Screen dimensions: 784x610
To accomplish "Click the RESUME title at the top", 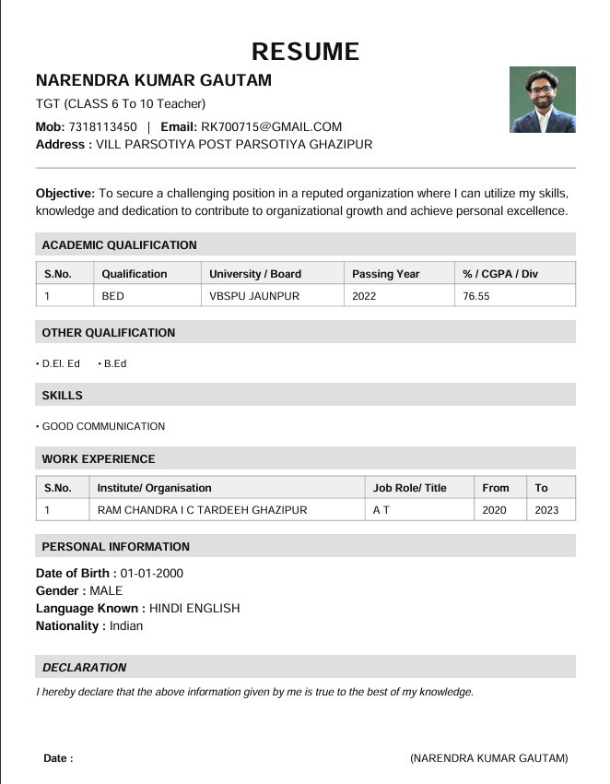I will click(305, 51).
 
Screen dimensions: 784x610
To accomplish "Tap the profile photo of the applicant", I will click(542, 100).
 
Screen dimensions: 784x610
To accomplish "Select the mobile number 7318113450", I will click(102, 127).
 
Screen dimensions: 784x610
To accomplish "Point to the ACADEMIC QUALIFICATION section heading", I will click(119, 245).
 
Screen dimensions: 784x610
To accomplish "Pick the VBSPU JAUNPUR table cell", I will click(254, 296).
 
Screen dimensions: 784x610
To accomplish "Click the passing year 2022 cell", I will click(364, 296).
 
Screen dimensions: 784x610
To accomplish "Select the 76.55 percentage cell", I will click(476, 296).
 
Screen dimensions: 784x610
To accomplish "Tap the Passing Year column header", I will click(385, 274).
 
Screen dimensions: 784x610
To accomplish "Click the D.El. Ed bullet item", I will click(61, 363).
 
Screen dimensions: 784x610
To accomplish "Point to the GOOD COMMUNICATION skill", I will click(103, 426).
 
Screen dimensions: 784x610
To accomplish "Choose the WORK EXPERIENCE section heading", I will click(99, 459).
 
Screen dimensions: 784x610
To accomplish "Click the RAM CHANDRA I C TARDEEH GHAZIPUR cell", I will click(202, 510).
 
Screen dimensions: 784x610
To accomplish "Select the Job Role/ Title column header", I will click(409, 488).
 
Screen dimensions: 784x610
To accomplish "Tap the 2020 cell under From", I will click(494, 510).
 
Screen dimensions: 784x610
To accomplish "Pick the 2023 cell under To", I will click(546, 510).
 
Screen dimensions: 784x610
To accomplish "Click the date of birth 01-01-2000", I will click(152, 574).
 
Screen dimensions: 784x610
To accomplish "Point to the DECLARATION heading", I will click(84, 668).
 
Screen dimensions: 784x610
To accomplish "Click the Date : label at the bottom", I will click(58, 758).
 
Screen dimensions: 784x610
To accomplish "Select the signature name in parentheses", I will click(488, 758).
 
